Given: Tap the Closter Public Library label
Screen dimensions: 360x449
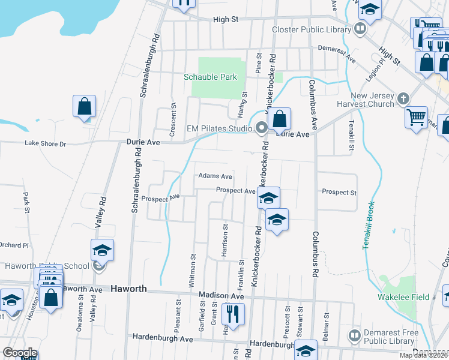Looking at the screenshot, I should [x=311, y=29].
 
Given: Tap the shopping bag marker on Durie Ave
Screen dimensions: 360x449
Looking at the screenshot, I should [x=279, y=119].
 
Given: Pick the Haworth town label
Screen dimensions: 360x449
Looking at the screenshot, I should [x=128, y=289].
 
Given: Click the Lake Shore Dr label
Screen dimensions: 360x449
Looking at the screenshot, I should [x=45, y=143].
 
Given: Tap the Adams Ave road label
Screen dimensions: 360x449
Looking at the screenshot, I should [x=215, y=176].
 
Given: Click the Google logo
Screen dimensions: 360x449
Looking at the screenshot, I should [x=20, y=353].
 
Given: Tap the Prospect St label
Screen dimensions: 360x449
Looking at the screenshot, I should [x=339, y=193].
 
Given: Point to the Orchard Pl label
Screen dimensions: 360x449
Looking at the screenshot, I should [x=14, y=245].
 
